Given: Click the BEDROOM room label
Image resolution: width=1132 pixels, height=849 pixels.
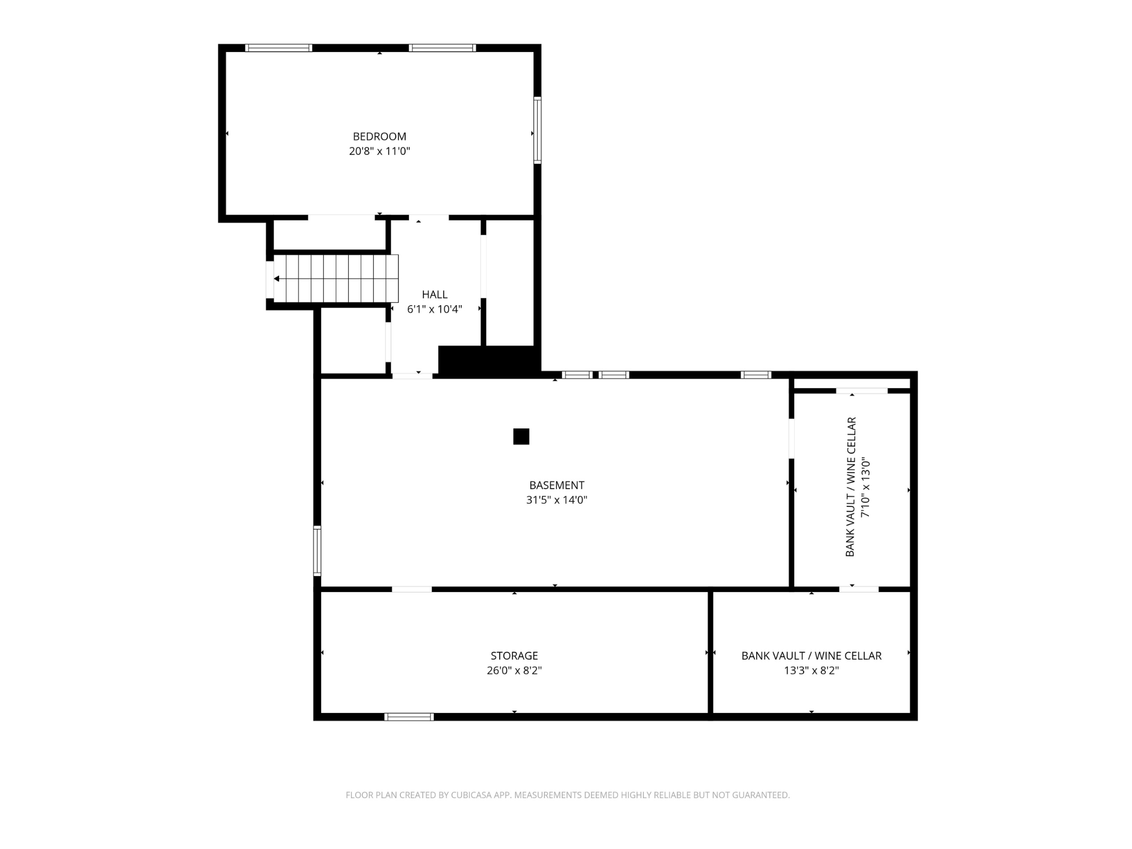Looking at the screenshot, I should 379,137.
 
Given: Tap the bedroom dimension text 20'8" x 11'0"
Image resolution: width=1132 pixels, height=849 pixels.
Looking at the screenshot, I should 379,151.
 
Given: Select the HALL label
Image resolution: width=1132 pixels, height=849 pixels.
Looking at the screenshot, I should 434,295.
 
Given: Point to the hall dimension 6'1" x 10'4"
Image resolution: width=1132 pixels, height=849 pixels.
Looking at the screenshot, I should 434,309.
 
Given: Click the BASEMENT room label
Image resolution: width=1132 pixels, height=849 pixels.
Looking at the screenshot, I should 557,485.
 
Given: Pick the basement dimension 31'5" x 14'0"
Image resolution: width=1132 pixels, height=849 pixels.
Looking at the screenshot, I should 557,500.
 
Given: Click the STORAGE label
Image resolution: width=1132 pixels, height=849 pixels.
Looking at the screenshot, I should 514,656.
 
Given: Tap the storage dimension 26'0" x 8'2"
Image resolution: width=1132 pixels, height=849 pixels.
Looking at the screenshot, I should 514,670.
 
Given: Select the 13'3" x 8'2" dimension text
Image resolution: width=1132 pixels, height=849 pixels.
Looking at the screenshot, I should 811,670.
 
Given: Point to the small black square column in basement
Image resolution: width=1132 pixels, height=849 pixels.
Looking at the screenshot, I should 521,437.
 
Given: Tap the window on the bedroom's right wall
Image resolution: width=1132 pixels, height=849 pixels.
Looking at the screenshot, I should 537,130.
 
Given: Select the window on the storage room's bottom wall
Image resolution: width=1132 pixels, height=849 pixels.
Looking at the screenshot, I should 409,717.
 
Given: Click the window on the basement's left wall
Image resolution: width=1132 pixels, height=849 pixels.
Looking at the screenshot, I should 317,551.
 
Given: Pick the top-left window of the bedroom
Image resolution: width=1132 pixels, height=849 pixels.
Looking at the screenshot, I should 279,48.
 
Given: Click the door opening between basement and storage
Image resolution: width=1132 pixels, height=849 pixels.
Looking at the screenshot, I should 412,589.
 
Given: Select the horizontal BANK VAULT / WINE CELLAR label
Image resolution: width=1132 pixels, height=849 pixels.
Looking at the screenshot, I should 811,656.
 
